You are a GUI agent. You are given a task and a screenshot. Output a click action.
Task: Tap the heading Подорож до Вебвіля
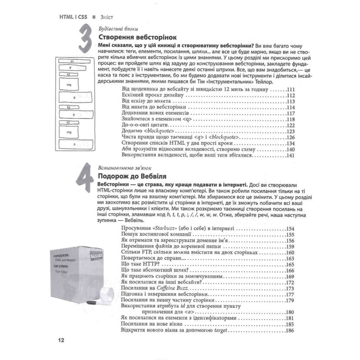136,176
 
